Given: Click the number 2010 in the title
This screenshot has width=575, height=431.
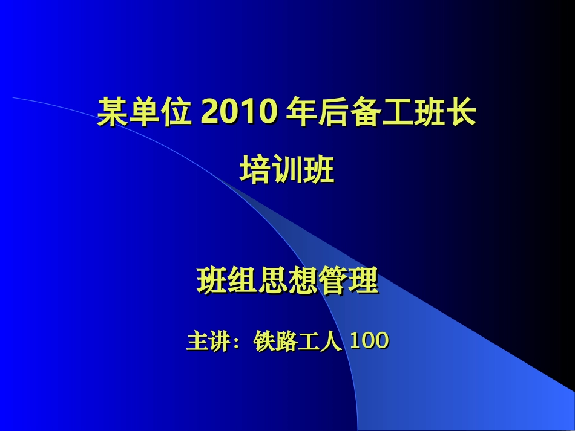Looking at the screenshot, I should tap(239, 112).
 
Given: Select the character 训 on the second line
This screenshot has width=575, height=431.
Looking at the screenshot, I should tap(287, 170).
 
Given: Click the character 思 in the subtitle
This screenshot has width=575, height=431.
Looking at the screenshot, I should tap(273, 281).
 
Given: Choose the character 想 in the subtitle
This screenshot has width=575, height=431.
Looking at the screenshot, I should tap(303, 281).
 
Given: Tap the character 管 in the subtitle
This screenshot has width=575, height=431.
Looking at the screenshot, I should tap(333, 281).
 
